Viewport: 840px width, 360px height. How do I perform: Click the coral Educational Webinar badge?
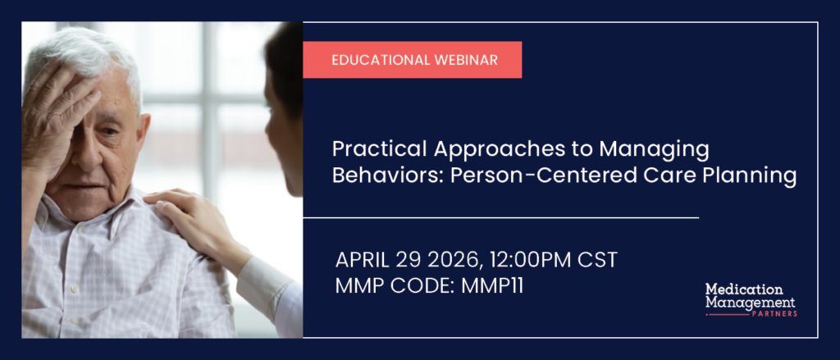tap(413, 60)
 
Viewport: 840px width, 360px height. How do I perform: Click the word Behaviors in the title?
tap(386, 175)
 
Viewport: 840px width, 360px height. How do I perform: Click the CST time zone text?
tap(597, 260)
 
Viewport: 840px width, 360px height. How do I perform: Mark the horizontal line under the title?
tap(501, 217)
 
